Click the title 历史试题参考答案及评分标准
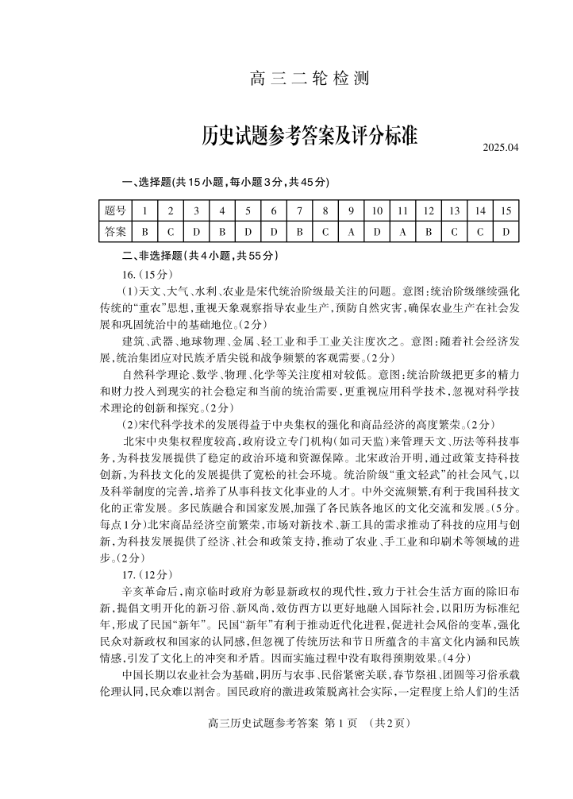[310, 136]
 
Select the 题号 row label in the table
[115, 210]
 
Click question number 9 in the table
[351, 210]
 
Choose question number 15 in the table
[506, 210]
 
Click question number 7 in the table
[299, 210]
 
